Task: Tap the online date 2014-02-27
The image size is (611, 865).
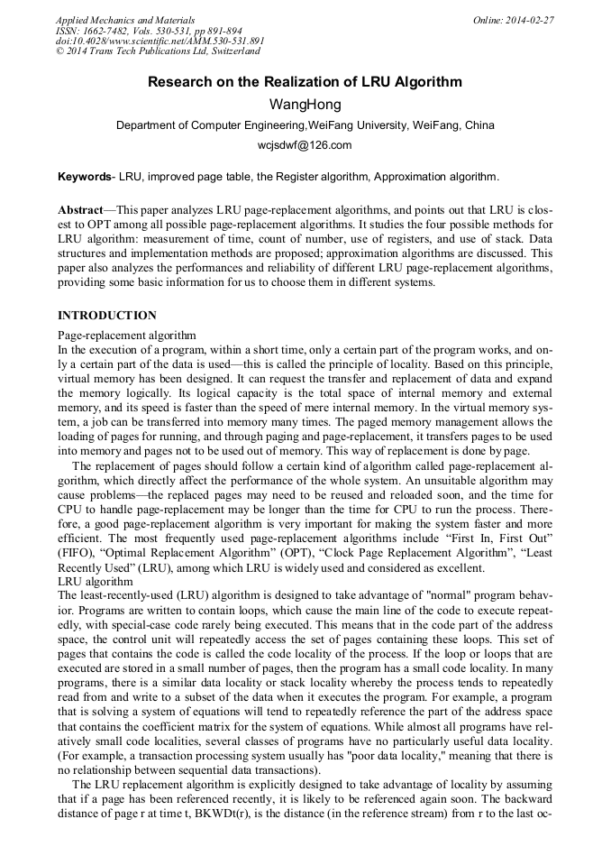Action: point(531,20)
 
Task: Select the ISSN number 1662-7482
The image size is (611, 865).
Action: point(105,31)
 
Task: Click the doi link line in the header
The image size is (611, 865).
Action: point(160,41)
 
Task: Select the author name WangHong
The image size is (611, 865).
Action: point(305,105)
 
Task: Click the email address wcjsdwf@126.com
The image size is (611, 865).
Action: point(305,145)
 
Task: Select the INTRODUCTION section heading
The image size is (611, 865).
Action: point(107,316)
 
